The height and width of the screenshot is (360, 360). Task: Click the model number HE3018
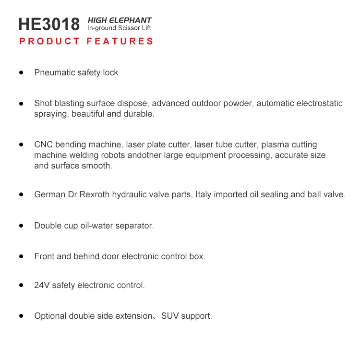click(49, 24)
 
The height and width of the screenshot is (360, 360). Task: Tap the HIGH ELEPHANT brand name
click(119, 20)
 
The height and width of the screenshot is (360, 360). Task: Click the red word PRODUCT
click(49, 41)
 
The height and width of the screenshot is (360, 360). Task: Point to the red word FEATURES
click(120, 41)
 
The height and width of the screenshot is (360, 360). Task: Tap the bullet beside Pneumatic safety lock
click(21, 72)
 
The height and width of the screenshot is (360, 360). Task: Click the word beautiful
click(89, 114)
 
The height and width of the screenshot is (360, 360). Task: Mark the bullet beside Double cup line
click(21, 225)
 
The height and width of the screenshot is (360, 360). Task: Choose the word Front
click(44, 256)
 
